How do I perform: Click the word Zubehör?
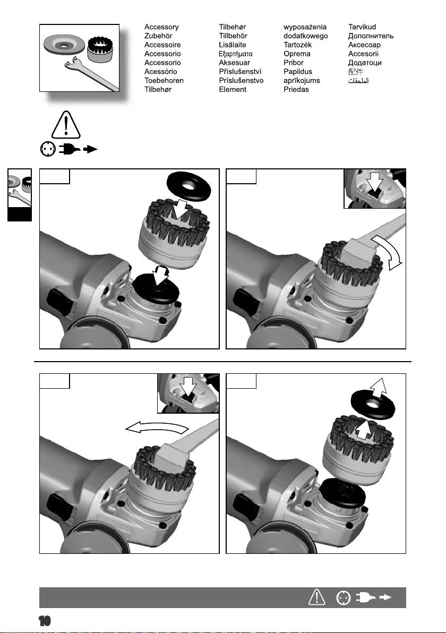coord(158,36)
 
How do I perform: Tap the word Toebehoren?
coord(164,80)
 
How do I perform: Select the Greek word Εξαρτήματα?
coord(236,54)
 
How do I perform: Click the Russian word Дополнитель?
coord(371,36)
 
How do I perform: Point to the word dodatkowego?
coord(305,36)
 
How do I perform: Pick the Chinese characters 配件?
coord(356,72)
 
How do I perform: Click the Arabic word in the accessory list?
coord(358,80)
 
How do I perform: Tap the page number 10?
coord(45,621)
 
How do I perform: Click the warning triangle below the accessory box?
coord(66,125)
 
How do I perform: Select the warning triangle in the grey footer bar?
coord(317,597)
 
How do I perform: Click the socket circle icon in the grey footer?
coord(344,597)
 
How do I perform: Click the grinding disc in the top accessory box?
coord(64,45)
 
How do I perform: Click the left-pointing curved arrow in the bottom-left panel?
coord(156,427)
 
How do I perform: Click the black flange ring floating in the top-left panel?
coord(188,186)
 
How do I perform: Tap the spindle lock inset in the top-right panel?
coord(374,189)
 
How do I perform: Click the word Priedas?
coord(296,89)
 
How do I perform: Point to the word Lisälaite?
coord(233,45)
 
